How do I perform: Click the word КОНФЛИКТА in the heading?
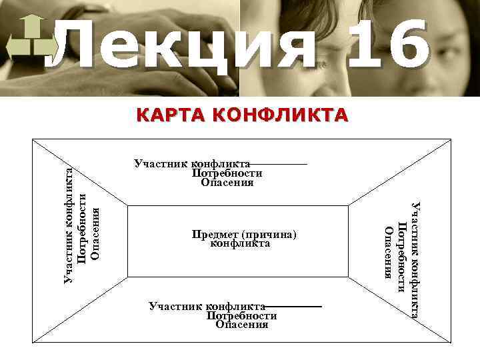(279, 116)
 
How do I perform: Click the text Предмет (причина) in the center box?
(243, 235)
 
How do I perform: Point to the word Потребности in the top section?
(227, 173)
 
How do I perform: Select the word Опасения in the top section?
(227, 183)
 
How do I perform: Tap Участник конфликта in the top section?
(192, 163)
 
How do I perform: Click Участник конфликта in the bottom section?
(207, 306)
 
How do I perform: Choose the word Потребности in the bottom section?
(241, 315)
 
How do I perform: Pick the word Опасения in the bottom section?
(242, 325)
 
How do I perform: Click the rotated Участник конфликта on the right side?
(415, 260)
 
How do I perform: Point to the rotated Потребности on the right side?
(401, 256)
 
